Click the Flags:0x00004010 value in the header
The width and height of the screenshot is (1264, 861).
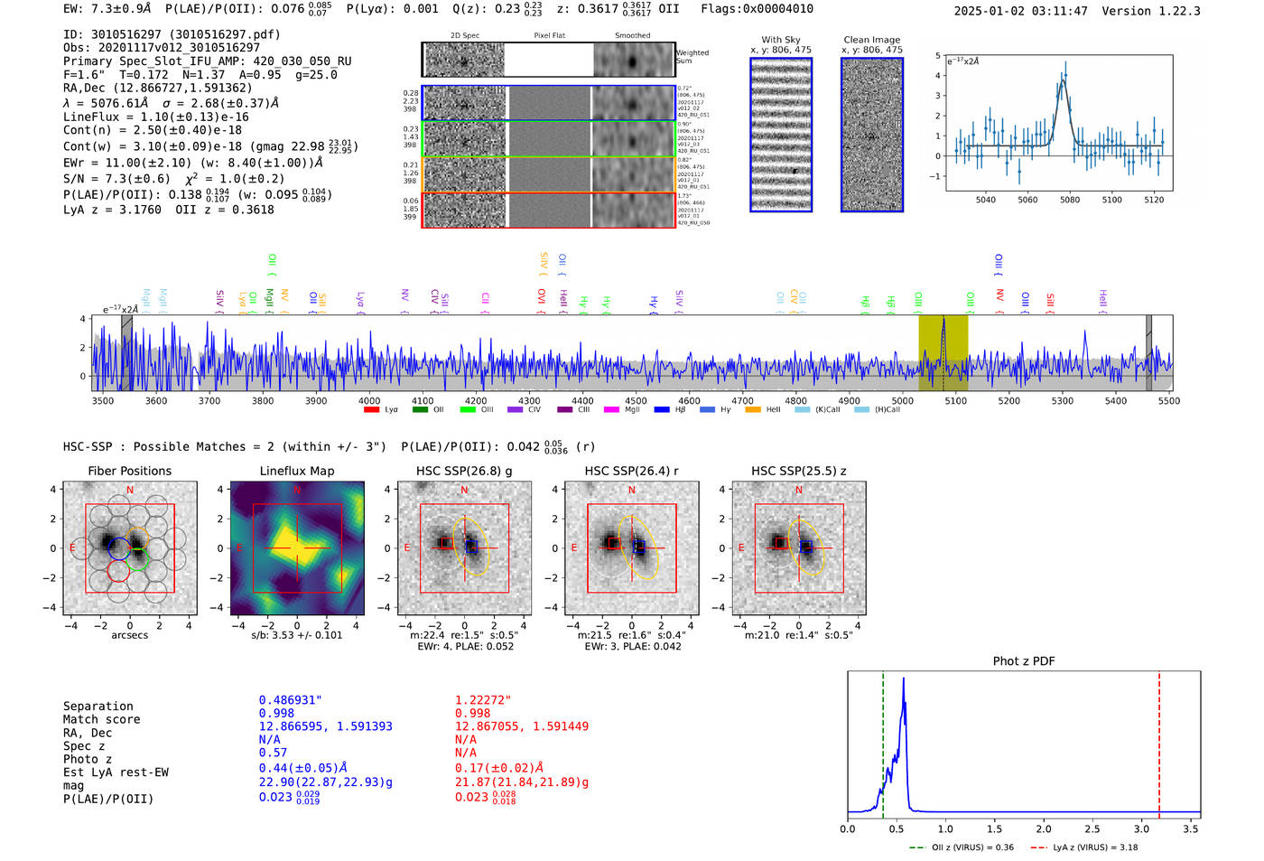pos(757,8)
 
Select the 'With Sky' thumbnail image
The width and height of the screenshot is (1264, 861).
pos(781,135)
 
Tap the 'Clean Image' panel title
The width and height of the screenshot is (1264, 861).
pos(871,40)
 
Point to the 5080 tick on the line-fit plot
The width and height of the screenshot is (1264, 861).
pos(1070,200)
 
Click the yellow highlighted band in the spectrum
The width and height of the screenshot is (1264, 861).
pos(943,352)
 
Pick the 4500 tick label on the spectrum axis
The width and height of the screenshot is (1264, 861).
pos(636,400)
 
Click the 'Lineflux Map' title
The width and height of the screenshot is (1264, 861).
pos(297,471)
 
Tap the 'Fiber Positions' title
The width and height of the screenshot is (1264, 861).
pos(129,471)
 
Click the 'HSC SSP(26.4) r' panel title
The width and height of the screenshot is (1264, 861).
pos(631,471)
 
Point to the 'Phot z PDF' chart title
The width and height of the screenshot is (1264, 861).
pos(1024,661)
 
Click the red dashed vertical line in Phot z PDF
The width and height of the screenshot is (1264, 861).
pos(1159,741)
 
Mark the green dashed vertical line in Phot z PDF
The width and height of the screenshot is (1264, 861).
pos(883,741)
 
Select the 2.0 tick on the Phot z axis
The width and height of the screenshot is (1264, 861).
pos(1044,828)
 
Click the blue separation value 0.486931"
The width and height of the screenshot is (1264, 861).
pos(290,700)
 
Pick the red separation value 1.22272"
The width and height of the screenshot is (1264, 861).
pos(483,700)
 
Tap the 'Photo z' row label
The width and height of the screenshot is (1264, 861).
pos(88,759)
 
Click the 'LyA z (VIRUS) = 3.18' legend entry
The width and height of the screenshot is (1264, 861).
pos(1085,847)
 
